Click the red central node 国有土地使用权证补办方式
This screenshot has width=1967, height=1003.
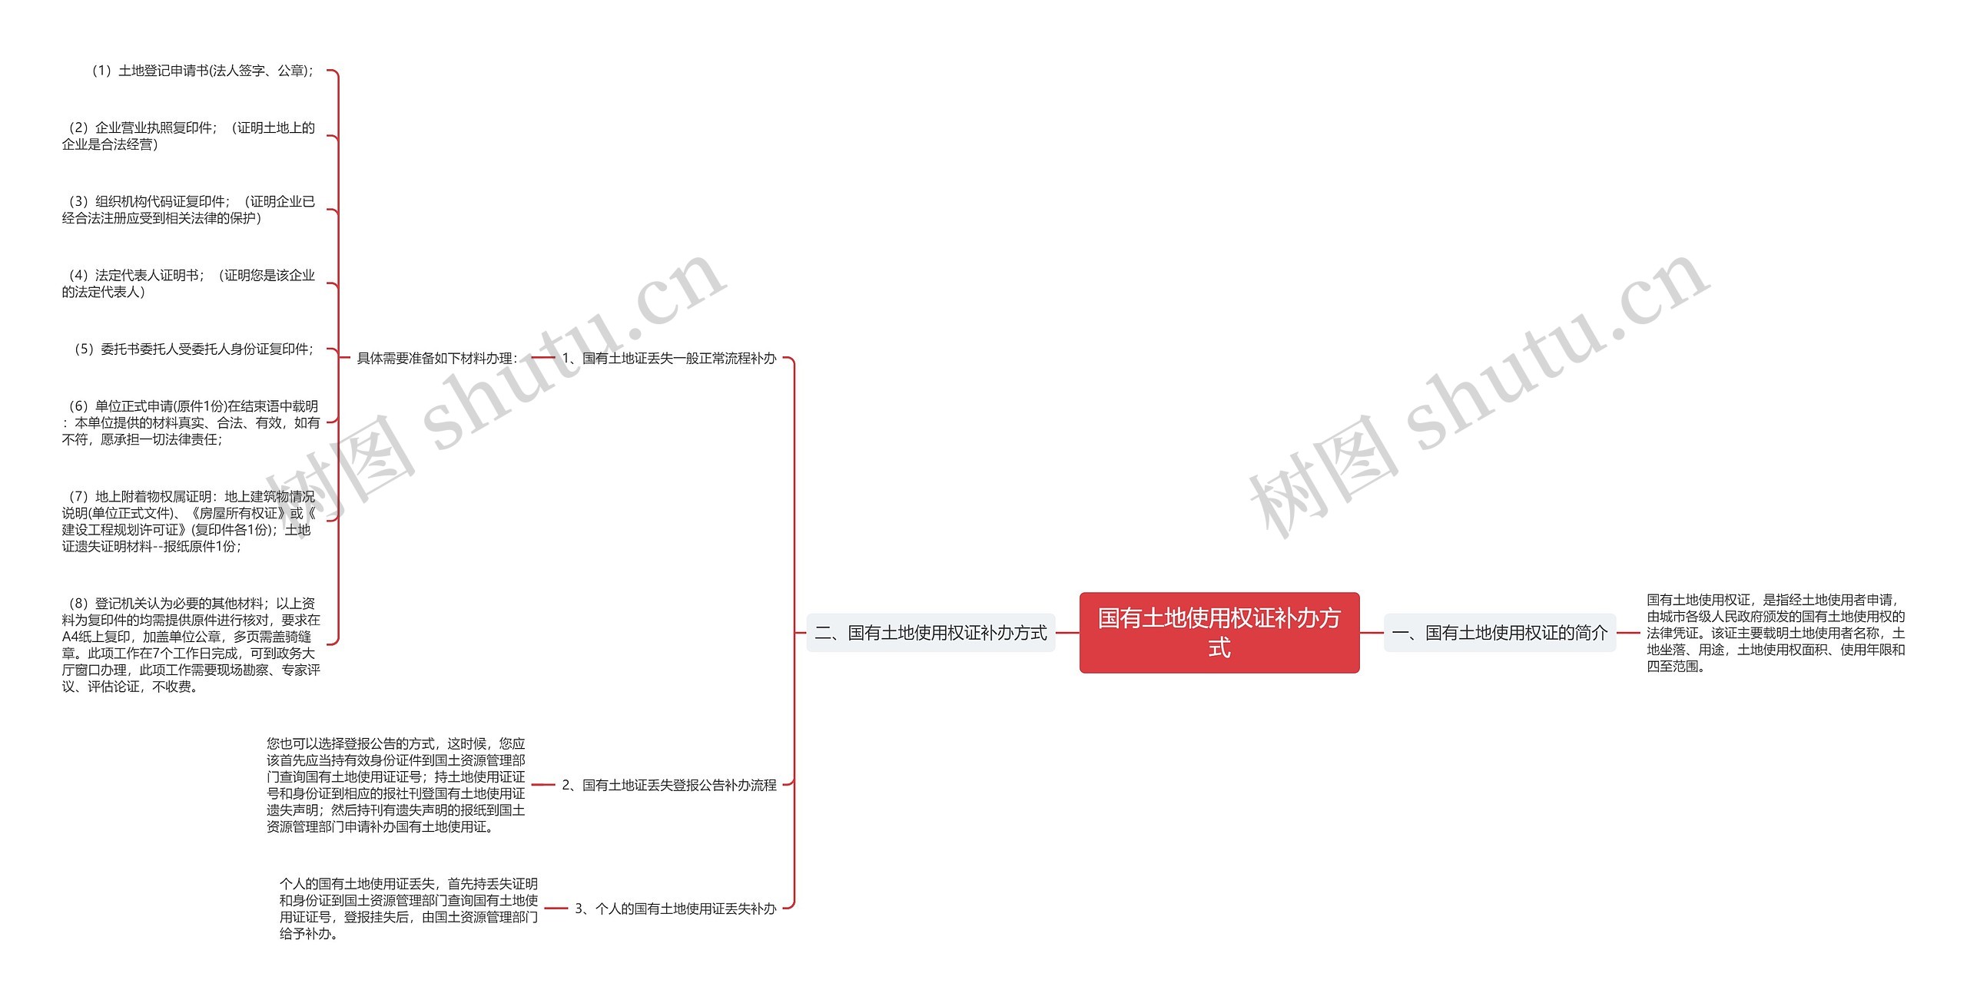tap(1219, 632)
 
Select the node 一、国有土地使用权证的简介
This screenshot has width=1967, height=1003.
tap(1499, 633)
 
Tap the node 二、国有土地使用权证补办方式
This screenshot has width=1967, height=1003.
tap(930, 633)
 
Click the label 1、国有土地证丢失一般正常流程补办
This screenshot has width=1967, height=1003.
tap(668, 358)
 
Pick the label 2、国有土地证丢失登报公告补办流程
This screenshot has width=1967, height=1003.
tap(668, 785)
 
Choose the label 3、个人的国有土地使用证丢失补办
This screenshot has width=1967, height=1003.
tap(675, 909)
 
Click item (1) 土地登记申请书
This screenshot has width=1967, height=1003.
tap(201, 71)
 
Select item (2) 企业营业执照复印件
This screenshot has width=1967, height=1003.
tap(188, 136)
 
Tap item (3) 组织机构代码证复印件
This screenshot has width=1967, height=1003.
tap(188, 210)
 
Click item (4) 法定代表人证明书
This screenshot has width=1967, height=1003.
tap(188, 283)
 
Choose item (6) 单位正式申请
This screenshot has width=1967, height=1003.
tap(191, 422)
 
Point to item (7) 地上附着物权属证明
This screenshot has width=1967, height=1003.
tap(189, 521)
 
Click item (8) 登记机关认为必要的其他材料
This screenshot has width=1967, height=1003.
tap(191, 644)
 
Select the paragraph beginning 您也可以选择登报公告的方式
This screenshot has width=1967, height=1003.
tap(396, 785)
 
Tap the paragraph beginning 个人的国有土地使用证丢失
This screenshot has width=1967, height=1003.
tap(408, 909)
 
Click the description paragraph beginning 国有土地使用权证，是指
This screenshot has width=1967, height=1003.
tap(1775, 633)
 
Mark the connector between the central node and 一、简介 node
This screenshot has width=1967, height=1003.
tap(1372, 633)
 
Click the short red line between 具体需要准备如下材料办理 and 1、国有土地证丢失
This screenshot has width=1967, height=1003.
tap(542, 358)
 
